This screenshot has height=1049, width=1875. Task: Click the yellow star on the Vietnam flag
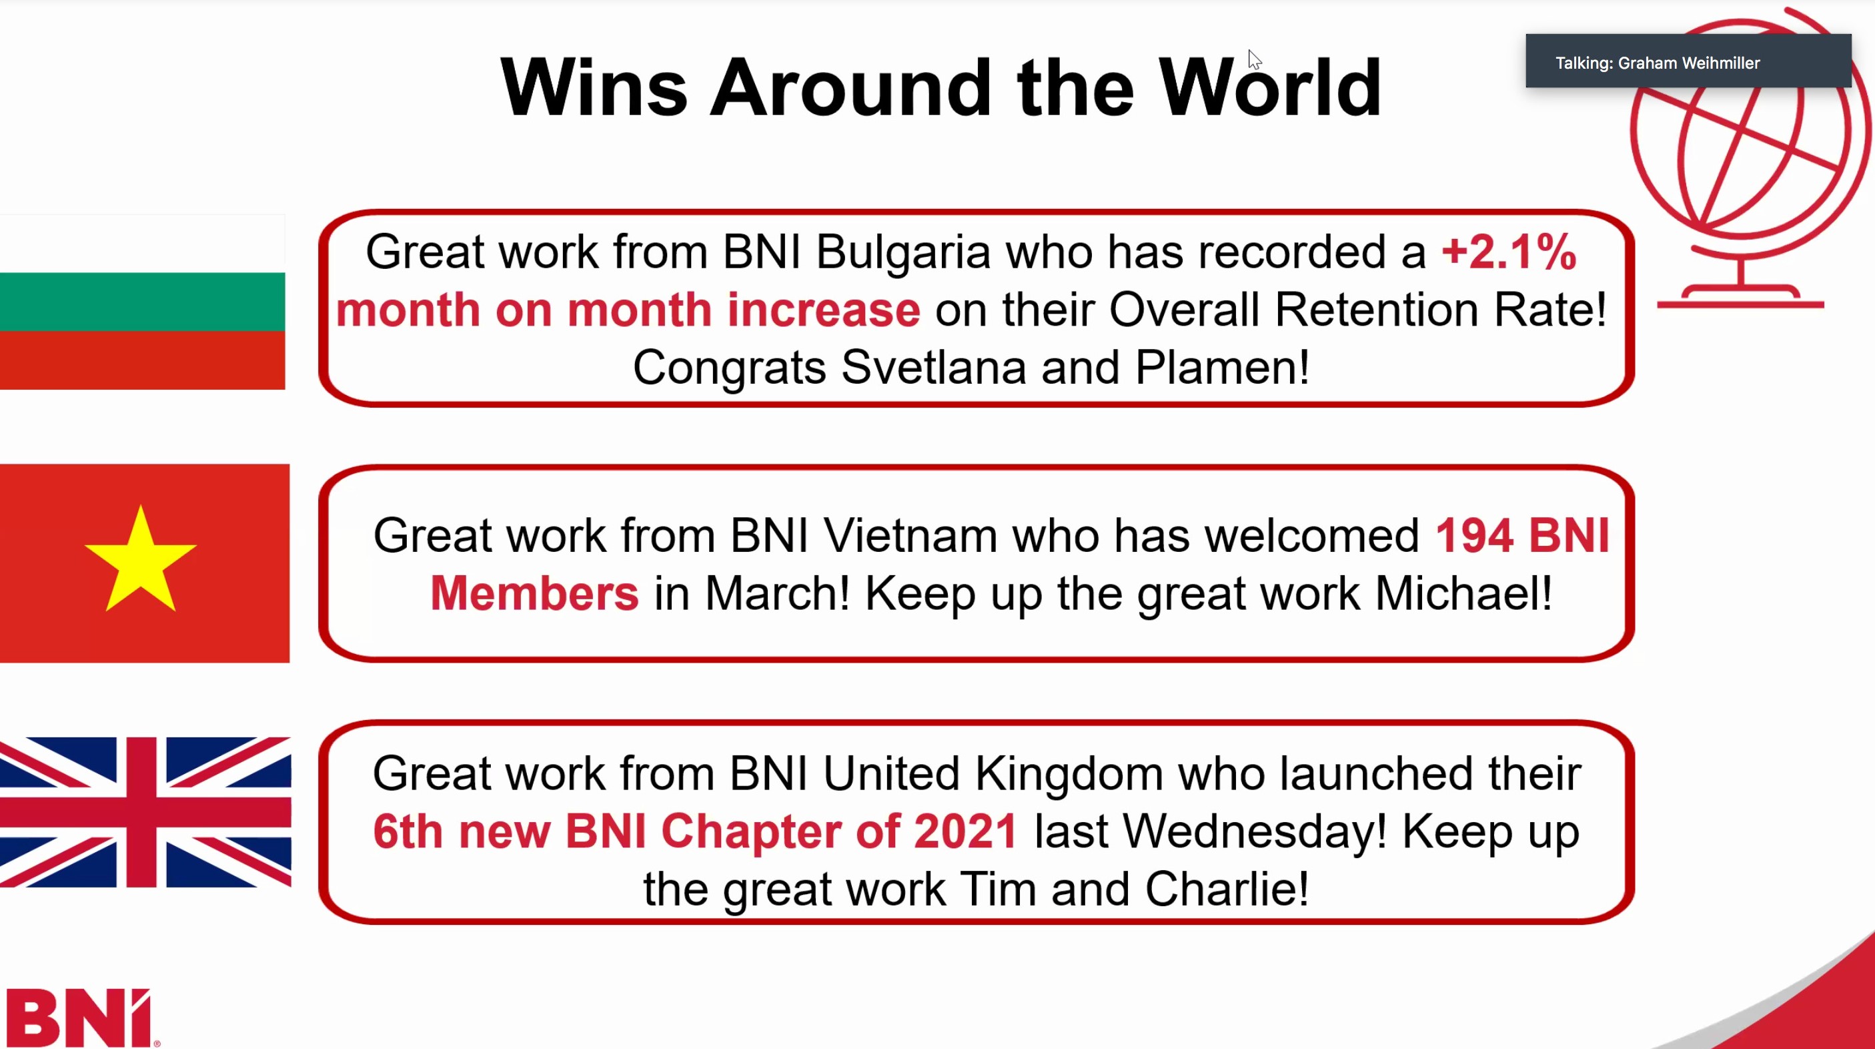point(141,559)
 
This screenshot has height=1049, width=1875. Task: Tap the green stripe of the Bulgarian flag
point(142,302)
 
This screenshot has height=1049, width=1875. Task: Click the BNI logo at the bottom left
point(81,1018)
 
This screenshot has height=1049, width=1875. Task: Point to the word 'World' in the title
point(1270,88)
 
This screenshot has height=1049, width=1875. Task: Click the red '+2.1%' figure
point(1509,252)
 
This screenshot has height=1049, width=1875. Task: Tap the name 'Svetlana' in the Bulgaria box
point(933,367)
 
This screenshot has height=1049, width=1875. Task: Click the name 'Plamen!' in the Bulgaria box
point(1222,367)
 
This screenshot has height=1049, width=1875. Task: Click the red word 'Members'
point(535,593)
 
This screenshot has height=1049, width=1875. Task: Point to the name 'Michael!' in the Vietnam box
point(1463,593)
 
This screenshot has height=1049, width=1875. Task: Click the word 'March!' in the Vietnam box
point(776,593)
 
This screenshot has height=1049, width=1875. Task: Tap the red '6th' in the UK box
point(408,831)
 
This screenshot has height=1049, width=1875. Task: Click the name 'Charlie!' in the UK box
point(1227,889)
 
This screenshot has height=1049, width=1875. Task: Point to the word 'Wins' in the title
point(594,88)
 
